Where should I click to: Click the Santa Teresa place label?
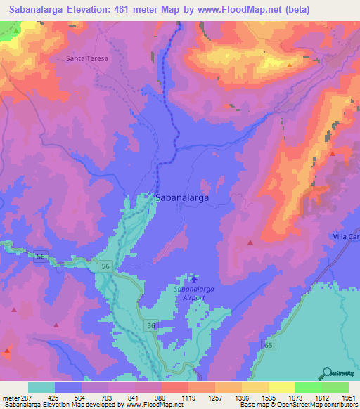coord(87,59)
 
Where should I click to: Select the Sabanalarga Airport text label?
coord(189,293)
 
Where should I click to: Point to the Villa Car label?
coord(346,237)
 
